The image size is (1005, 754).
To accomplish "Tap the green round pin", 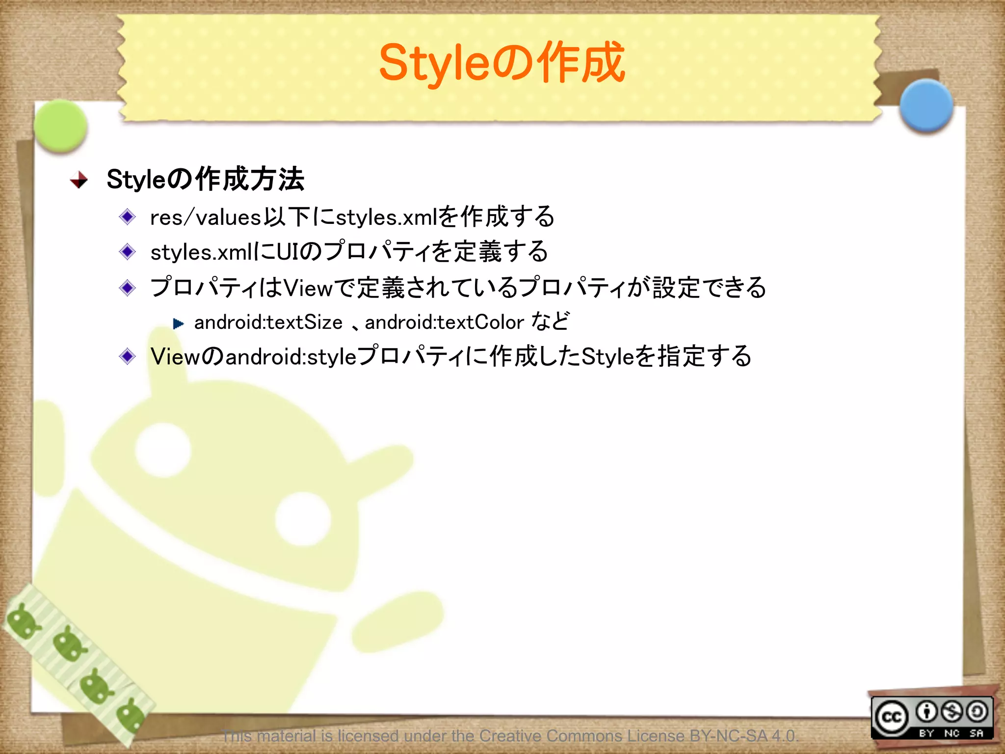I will [61, 126].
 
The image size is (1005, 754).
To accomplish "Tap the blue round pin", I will [926, 105].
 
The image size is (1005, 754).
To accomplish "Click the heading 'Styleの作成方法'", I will [205, 179].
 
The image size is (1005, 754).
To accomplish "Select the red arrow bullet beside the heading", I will [79, 180].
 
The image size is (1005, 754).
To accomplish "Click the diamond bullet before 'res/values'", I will [128, 216].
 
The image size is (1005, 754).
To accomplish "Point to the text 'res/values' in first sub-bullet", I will [205, 217].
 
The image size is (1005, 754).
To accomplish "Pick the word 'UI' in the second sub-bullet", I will [288, 252].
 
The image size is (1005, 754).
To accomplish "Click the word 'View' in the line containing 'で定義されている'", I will [308, 288].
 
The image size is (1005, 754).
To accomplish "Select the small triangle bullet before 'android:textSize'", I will [178, 323].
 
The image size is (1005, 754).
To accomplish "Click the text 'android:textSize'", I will [268, 323].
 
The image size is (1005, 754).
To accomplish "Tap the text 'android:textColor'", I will [444, 323].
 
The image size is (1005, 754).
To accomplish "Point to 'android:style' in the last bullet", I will [291, 357].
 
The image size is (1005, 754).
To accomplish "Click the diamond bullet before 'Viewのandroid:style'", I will [128, 356].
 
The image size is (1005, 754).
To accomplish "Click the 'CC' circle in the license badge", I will [891, 717].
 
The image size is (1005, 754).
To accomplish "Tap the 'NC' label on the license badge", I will [952, 733].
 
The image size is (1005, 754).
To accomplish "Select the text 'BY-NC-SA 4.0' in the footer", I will [743, 736].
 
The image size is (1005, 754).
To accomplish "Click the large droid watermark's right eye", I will [303, 518].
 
